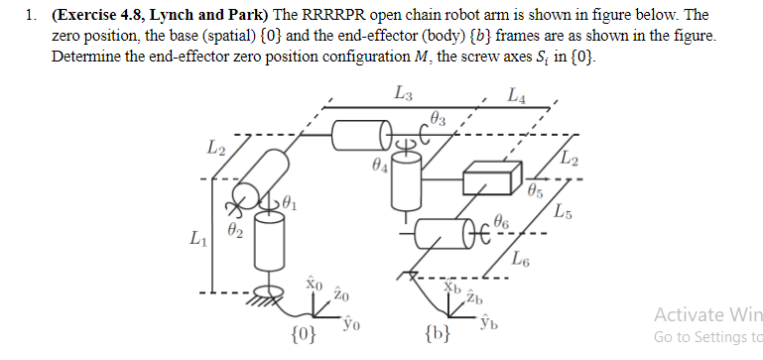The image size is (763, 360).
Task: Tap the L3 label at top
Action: [x=404, y=95]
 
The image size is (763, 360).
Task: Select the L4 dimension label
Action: [x=517, y=96]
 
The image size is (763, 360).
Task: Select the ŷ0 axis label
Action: [x=349, y=321]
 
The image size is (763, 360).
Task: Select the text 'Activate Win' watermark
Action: [x=707, y=314]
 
